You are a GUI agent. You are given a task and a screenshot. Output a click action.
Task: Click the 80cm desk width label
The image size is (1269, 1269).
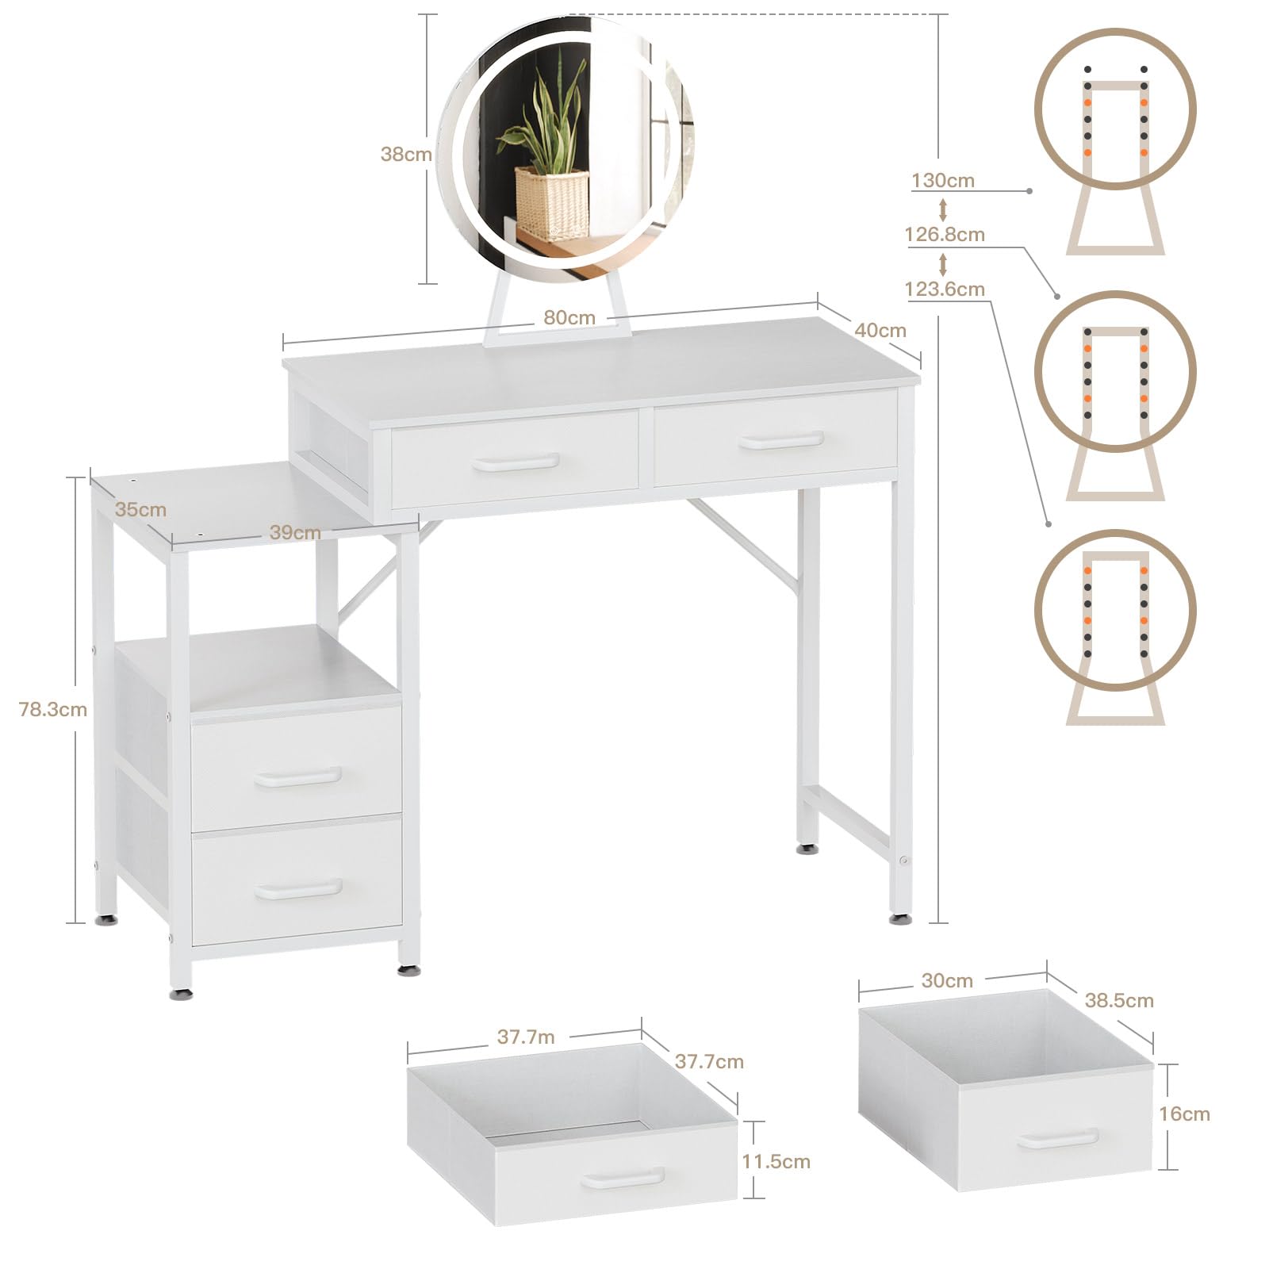569,317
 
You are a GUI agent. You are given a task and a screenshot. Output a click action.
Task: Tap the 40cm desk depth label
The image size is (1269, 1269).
880,330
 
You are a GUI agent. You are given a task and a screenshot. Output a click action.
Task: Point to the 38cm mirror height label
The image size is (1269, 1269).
406,154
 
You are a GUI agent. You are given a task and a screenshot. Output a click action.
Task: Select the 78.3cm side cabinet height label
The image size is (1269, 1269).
53,709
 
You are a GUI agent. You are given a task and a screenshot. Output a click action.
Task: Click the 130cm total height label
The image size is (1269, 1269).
943,180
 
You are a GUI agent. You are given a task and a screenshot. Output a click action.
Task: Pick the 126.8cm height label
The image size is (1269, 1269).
945,235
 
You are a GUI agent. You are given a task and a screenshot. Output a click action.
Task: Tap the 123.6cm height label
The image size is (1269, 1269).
945,289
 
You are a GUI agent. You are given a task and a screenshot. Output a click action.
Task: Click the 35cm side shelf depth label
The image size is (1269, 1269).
140,509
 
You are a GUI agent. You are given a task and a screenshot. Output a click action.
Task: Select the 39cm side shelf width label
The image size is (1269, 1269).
295,532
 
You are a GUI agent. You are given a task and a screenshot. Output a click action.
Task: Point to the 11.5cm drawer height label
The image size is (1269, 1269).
776,1162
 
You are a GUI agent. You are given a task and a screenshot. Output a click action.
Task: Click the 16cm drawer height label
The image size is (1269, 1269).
1184,1114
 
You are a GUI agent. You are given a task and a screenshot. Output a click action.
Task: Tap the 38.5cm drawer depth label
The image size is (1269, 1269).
1119,1001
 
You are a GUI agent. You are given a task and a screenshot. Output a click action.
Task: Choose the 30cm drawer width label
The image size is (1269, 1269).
947,981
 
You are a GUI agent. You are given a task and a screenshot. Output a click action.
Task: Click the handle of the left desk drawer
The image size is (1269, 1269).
516,462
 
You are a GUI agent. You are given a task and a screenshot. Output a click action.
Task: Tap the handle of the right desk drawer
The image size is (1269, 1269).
780,441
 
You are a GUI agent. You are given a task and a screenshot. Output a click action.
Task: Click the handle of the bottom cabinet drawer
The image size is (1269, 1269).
298,889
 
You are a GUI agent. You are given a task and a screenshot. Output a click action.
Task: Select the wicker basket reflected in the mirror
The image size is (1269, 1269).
551,202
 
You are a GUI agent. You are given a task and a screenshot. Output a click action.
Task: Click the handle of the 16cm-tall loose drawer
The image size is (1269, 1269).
1059,1139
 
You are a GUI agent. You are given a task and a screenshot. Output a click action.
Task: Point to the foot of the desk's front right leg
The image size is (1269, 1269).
899,919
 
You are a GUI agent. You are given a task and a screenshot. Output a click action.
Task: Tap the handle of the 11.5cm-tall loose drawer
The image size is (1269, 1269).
623,1178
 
